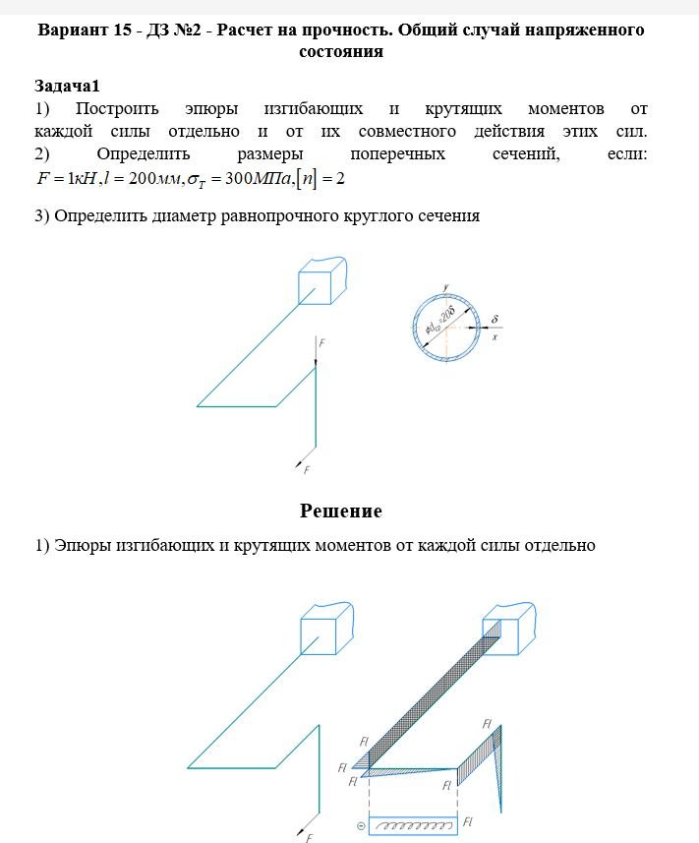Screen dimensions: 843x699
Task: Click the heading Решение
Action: [340, 511]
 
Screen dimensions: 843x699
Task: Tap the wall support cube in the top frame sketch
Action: [320, 280]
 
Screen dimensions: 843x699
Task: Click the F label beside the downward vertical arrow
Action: [322, 343]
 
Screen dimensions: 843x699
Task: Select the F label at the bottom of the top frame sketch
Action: [307, 470]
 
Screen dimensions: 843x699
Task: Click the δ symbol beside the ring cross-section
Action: [495, 320]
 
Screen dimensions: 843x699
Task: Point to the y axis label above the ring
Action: [445, 286]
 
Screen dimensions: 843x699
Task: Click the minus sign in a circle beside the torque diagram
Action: [360, 824]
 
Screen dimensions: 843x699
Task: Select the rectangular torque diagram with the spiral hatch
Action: [412, 824]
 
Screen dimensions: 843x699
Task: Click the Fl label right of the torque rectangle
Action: [469, 821]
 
